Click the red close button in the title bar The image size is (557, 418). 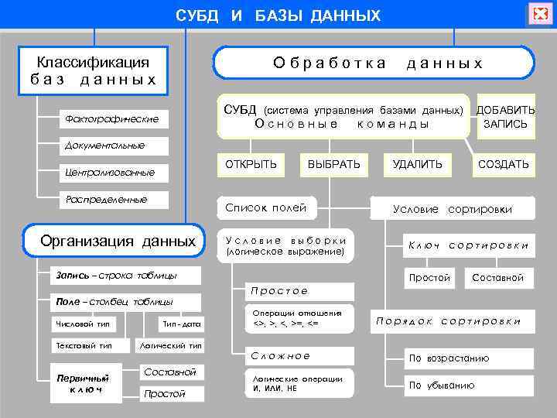click(x=538, y=14)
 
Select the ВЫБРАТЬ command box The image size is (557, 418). click(x=333, y=164)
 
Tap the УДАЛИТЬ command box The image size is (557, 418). click(x=418, y=164)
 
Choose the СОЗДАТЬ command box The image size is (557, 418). click(x=504, y=164)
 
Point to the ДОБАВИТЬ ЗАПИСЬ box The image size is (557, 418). click(x=505, y=117)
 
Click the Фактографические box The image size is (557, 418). click(x=112, y=118)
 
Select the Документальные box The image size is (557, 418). click(x=105, y=145)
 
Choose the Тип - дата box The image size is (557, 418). click(x=182, y=323)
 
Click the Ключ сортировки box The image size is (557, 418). click(x=468, y=245)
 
